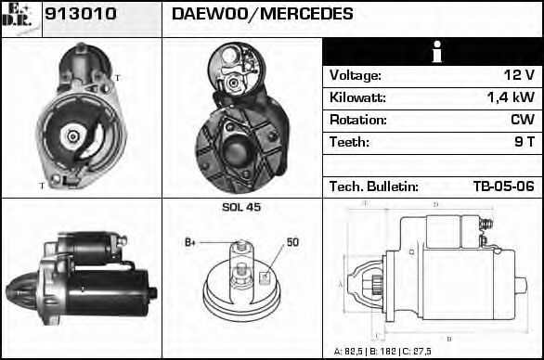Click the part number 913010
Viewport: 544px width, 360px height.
tap(81, 14)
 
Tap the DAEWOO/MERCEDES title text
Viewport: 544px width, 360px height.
tap(263, 14)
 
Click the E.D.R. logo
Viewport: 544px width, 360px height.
tap(18, 16)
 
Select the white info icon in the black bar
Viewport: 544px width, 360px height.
tap(437, 52)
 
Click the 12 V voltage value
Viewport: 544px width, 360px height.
tap(519, 75)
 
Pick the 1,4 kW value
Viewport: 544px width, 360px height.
tap(511, 97)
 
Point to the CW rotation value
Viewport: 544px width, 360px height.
tap(523, 120)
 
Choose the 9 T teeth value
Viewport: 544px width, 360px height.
tap(525, 142)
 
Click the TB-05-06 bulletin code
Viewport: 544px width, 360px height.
tap(504, 186)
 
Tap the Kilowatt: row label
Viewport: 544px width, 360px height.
tap(357, 97)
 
